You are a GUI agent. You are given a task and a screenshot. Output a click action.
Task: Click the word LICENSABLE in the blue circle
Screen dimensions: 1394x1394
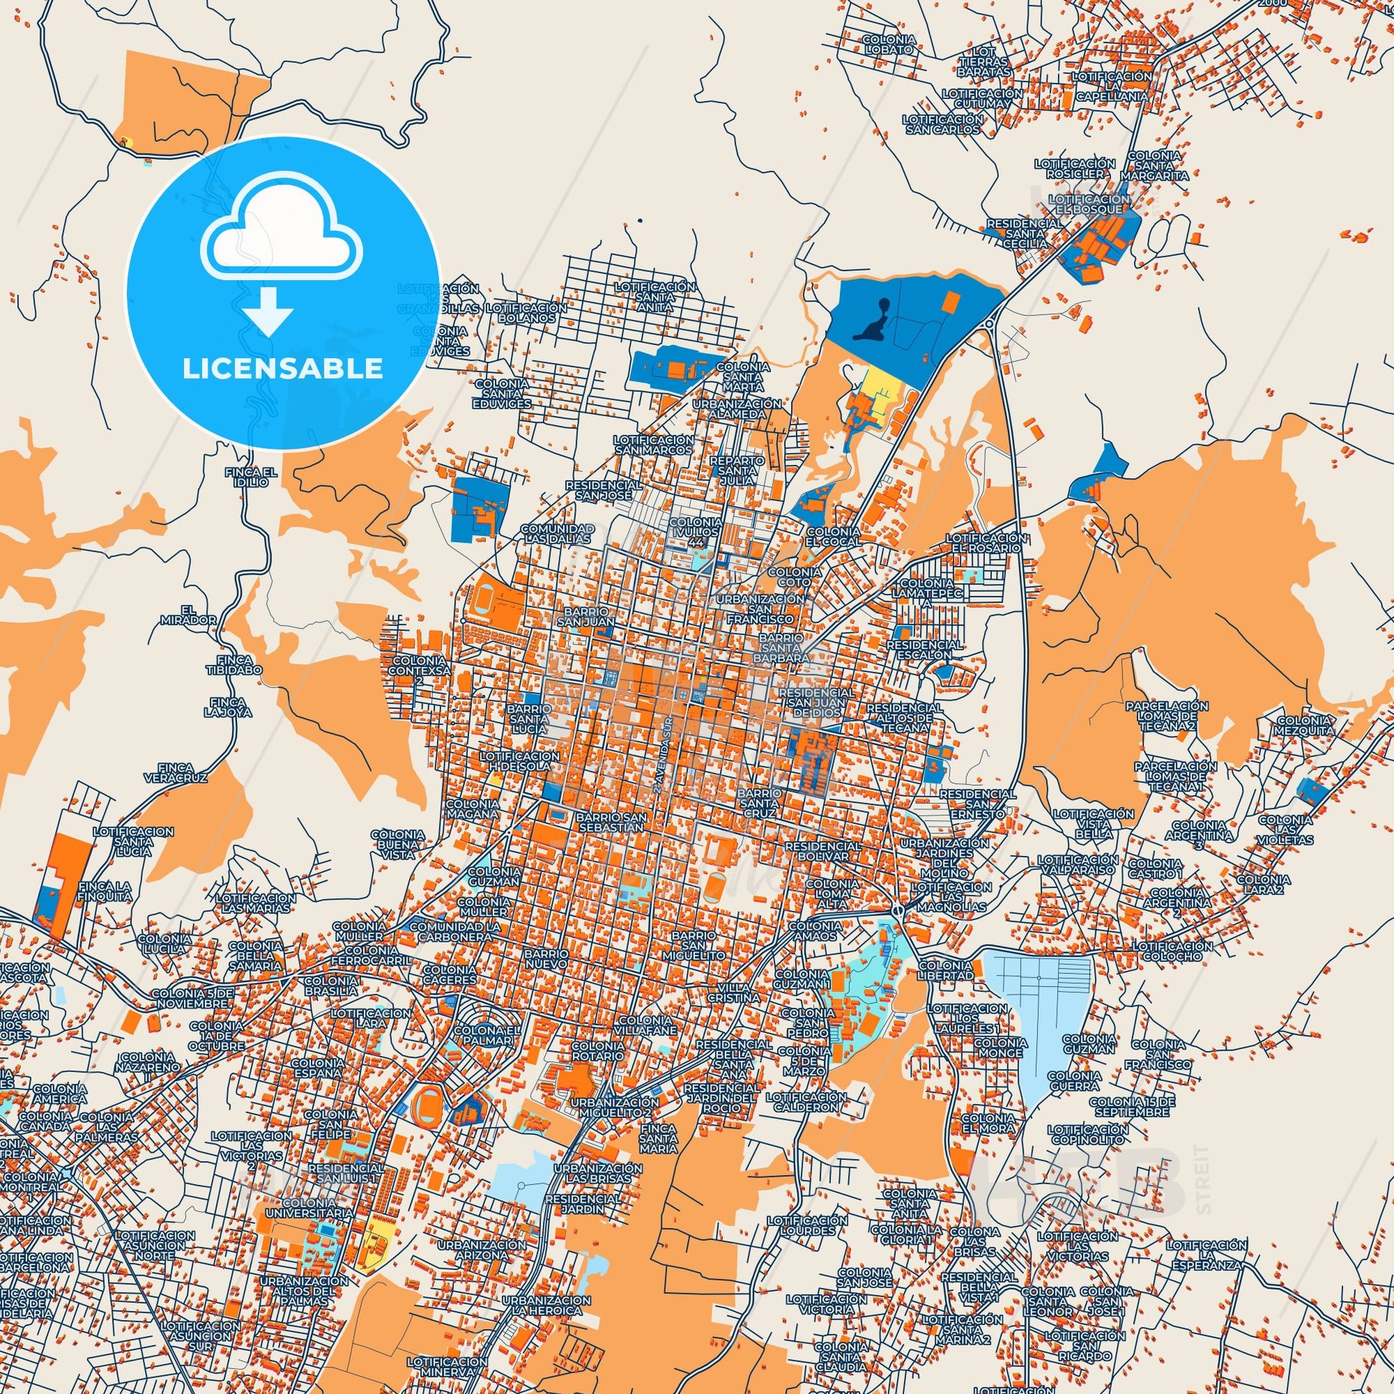pos(282,368)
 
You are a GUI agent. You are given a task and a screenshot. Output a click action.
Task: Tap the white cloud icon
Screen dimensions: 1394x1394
pos(283,235)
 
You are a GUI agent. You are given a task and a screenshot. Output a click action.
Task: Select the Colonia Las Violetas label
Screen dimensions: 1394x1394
pos(1285,830)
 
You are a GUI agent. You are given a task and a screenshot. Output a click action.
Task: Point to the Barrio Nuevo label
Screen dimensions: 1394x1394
pos(546,958)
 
